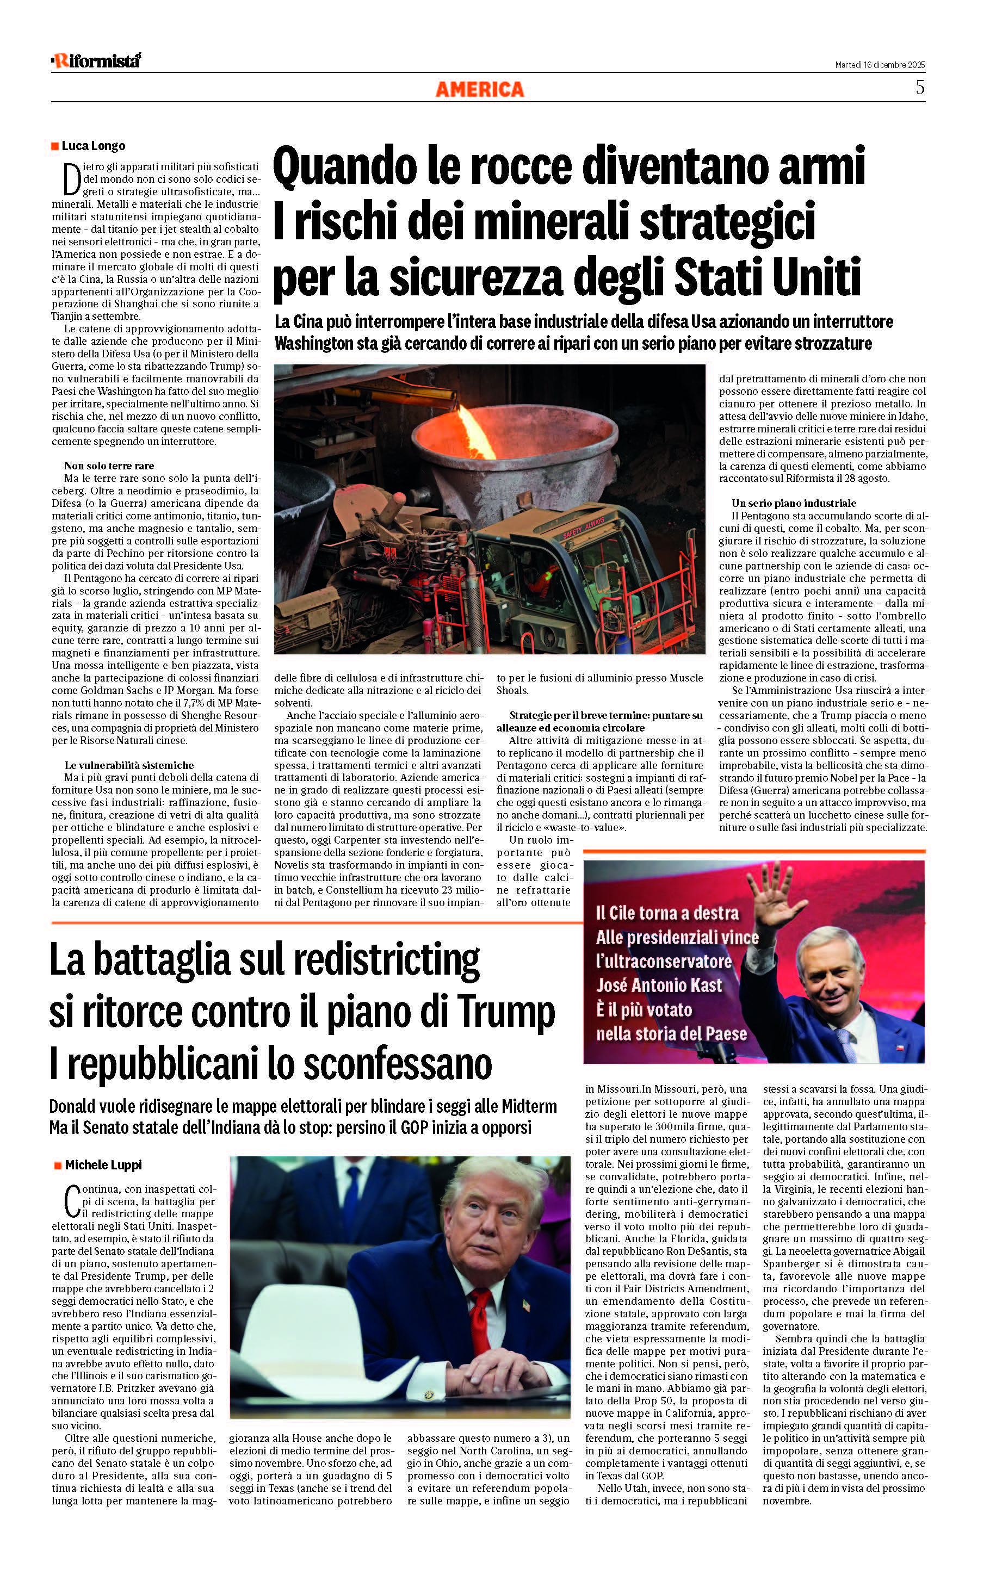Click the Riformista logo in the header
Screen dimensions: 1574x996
96,61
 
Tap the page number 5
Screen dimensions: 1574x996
919,88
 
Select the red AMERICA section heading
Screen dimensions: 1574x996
480,90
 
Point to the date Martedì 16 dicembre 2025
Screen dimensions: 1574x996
880,65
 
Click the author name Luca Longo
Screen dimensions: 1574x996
93,146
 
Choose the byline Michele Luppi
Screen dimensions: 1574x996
103,1165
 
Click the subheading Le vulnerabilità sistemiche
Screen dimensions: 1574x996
129,765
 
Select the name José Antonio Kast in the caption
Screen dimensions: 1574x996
659,985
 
